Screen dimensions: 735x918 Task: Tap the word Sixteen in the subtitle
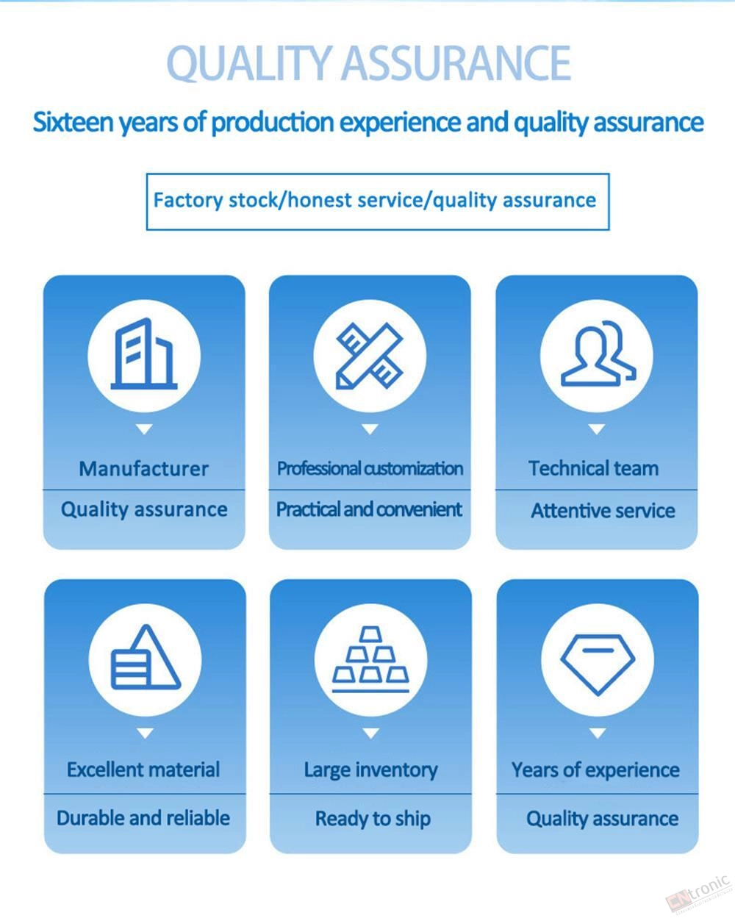(x=73, y=122)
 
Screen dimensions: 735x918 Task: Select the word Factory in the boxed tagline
(x=188, y=201)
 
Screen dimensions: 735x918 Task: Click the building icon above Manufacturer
(x=144, y=354)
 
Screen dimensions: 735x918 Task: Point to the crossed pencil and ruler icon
(x=370, y=356)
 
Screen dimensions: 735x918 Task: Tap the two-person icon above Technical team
(x=598, y=354)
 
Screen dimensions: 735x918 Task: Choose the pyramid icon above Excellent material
(x=146, y=657)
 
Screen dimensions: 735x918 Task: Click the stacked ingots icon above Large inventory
(x=370, y=659)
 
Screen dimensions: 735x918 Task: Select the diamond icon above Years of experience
(x=598, y=664)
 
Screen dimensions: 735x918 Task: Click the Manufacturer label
(x=144, y=469)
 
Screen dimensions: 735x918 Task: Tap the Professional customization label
(x=370, y=468)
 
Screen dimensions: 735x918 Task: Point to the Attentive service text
(x=603, y=510)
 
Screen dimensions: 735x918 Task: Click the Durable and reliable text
(x=143, y=818)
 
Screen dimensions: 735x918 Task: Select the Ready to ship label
(x=373, y=819)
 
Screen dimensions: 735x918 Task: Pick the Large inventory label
(x=370, y=770)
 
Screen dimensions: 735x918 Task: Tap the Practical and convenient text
(x=369, y=509)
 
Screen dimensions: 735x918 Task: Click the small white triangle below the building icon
(x=144, y=429)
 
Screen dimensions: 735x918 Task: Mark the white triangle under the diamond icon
(x=598, y=734)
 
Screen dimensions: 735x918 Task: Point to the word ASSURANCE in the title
(x=456, y=63)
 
